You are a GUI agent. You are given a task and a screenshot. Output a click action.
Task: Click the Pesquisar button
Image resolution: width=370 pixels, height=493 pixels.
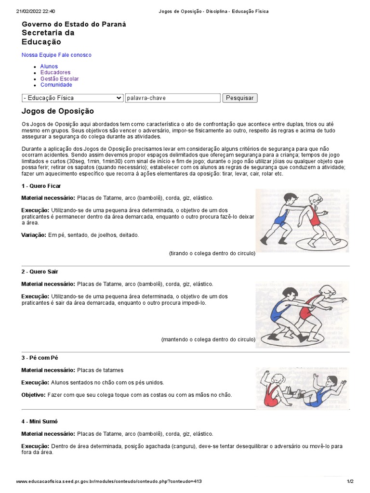(x=239, y=98)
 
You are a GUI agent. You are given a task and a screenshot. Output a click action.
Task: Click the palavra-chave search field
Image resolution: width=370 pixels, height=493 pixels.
(x=172, y=98)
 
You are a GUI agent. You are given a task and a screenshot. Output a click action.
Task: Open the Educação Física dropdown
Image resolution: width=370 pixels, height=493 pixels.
(x=73, y=98)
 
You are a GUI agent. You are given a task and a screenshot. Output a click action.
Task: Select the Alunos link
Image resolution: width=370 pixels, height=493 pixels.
(x=49, y=66)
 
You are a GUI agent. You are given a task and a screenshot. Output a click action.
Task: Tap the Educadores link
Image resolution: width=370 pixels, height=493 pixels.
(x=55, y=73)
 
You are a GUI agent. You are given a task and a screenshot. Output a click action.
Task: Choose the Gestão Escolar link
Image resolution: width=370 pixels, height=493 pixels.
(x=60, y=79)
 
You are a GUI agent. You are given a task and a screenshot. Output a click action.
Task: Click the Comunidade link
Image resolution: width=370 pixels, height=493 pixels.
(x=56, y=85)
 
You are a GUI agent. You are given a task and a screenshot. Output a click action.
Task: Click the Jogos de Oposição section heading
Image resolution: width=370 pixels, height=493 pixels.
(x=58, y=111)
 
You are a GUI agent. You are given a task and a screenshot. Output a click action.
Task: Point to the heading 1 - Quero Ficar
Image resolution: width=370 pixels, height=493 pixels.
(x=41, y=186)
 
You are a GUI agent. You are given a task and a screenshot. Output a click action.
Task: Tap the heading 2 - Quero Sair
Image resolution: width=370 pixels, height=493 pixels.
(x=40, y=272)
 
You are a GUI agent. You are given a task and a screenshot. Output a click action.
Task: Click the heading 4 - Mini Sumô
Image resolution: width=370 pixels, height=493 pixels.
(x=40, y=422)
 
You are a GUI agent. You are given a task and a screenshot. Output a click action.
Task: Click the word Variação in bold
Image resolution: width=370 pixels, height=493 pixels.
(x=33, y=235)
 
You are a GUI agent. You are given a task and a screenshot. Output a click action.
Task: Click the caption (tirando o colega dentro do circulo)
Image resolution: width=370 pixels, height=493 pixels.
(x=212, y=253)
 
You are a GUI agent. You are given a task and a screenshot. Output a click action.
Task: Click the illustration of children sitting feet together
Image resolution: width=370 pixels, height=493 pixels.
(x=302, y=387)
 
